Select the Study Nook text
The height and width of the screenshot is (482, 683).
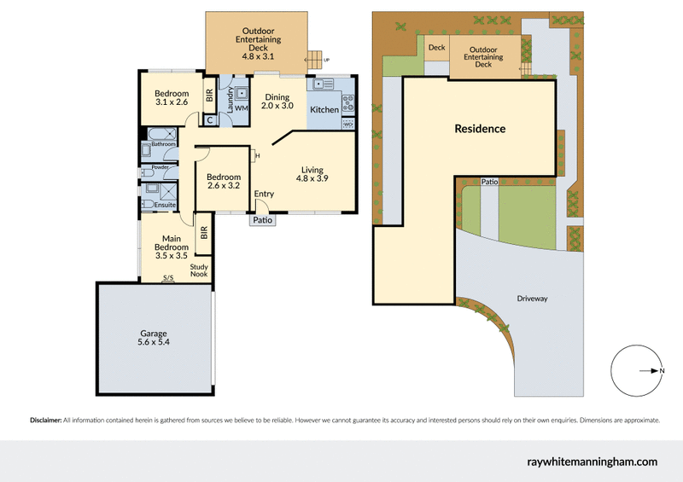[x=199, y=271]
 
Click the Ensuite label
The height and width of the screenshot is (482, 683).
[x=166, y=205]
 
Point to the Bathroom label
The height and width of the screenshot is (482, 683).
[x=164, y=144]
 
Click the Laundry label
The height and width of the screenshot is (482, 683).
[x=231, y=96]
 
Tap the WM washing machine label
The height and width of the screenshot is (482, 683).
[x=242, y=108]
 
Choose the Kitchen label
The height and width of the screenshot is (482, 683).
[x=324, y=110]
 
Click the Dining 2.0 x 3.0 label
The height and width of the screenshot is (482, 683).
[x=278, y=102]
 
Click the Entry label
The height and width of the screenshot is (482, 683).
[x=265, y=195]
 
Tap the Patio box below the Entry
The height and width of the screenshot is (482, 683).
[x=262, y=220]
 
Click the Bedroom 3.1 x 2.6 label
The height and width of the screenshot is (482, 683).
[x=172, y=98]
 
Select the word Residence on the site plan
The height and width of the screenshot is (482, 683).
[x=480, y=130]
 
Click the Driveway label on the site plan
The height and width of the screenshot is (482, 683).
[x=532, y=299]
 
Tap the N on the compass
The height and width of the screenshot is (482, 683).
[x=663, y=370]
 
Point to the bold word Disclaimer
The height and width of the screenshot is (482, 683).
[x=46, y=421]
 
